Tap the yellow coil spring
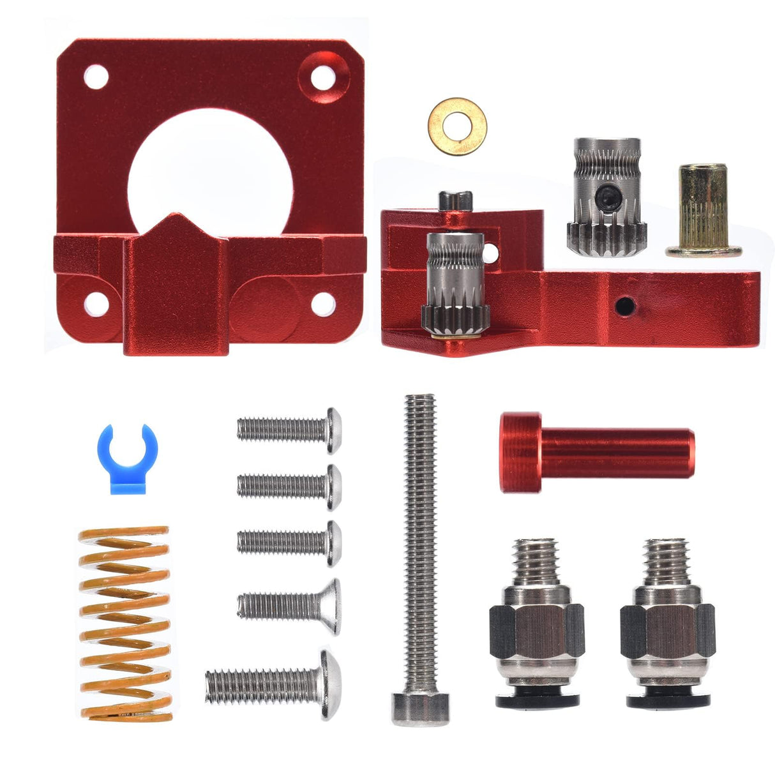pos(125,623)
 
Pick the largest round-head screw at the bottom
pos(275,685)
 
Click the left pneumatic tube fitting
pos(536,622)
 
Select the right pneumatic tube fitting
pos(666,622)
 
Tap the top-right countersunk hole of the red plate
pos(322,79)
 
